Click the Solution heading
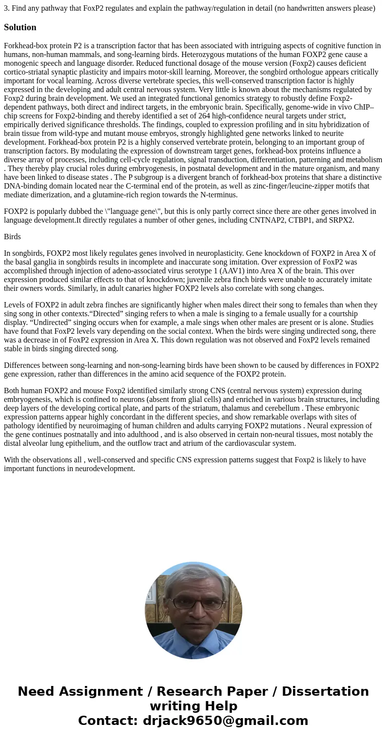tap(20, 27)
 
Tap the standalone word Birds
tap(12, 237)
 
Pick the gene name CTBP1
tap(300, 220)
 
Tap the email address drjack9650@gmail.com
tap(225, 721)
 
